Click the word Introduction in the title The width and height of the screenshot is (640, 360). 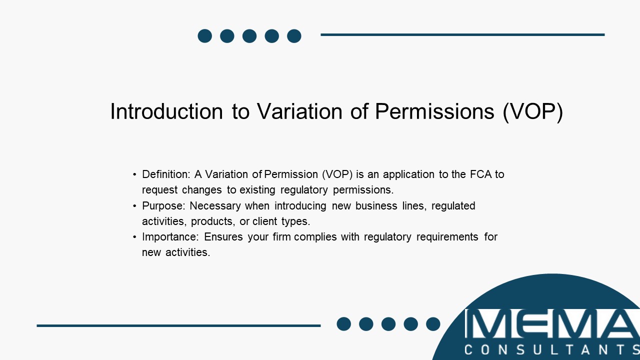[x=166, y=111]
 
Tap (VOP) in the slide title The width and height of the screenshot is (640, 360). [x=533, y=112]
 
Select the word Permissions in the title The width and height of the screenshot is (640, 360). [x=434, y=111]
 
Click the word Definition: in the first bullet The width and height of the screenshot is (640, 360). [x=165, y=174]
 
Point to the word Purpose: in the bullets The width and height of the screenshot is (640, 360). [x=163, y=206]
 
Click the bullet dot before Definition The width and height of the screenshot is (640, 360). [x=134, y=175]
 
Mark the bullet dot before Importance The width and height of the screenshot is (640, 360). [x=134, y=237]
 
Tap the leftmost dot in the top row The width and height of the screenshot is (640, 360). [x=205, y=36]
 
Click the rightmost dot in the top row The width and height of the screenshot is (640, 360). [x=294, y=36]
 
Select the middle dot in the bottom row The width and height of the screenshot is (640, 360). [x=388, y=324]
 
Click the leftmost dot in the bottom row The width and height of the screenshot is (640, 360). [x=344, y=324]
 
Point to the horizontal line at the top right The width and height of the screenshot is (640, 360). [x=462, y=35]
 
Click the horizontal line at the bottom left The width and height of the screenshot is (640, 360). [x=178, y=325]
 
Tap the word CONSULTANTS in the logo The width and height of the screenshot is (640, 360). [x=552, y=349]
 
